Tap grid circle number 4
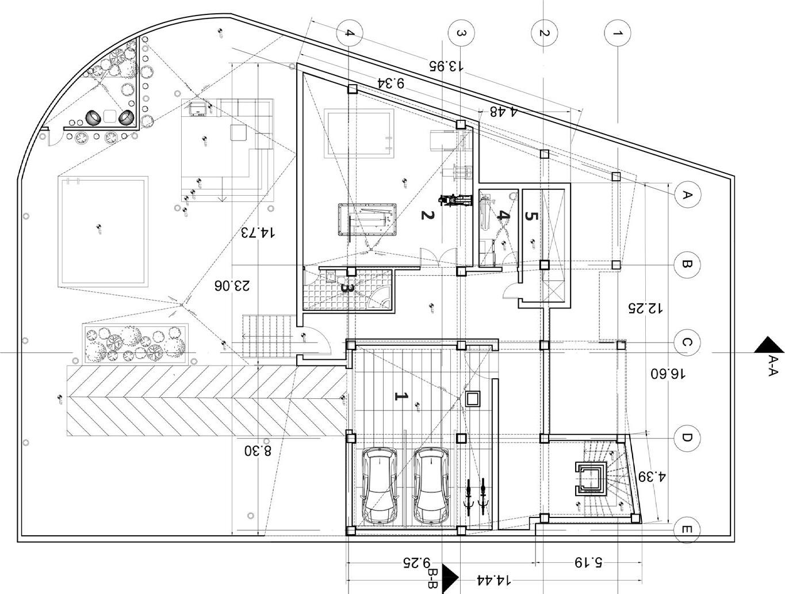[350, 33]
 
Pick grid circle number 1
[618, 33]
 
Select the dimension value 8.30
[258, 450]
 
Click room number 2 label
[426, 215]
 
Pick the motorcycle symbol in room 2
[454, 200]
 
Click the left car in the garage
[379, 485]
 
